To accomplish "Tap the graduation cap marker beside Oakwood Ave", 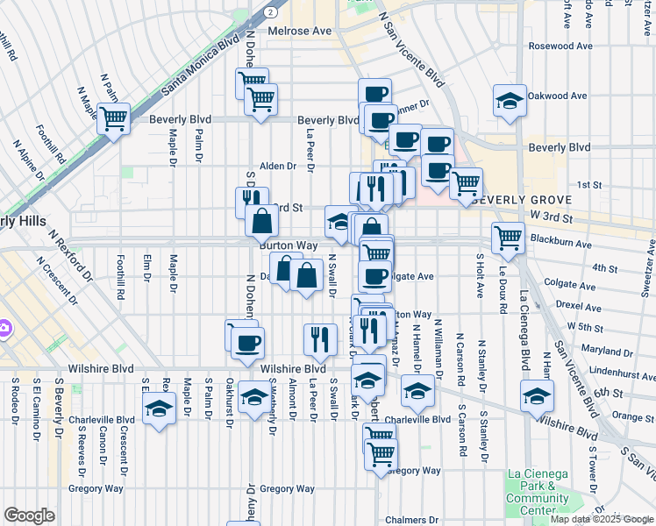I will (x=510, y=102).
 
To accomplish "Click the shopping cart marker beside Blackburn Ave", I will (x=509, y=237).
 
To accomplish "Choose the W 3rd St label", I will (x=552, y=216).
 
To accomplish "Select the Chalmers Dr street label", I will (x=411, y=520).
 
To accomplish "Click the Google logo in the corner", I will (x=29, y=515).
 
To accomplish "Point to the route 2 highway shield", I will (x=273, y=13).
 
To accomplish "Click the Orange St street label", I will (x=628, y=416).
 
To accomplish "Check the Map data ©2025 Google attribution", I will (x=602, y=520).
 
